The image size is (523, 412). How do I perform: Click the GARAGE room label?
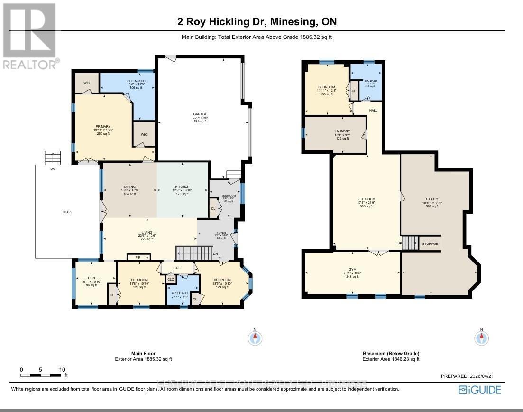tap(200, 114)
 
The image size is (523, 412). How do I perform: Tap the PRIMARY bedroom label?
tap(102, 127)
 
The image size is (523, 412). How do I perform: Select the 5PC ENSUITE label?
tap(136, 81)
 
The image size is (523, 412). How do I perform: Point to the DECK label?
tap(67, 212)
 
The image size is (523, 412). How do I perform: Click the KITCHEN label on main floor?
tap(182, 187)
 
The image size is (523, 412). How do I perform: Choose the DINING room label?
tap(129, 187)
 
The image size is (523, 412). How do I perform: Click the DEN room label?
tap(92, 278)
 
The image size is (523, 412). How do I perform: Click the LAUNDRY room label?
tap(342, 131)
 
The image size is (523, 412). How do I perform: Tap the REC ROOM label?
tap(366, 199)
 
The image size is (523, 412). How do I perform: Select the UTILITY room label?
tap(431, 199)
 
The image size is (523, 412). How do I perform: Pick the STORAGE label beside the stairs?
tap(430, 243)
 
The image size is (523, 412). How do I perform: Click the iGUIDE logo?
tap(479, 390)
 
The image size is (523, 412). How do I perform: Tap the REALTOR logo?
tap(29, 36)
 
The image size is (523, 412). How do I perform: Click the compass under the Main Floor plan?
tap(255, 338)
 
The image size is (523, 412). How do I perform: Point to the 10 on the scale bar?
tap(62, 369)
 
